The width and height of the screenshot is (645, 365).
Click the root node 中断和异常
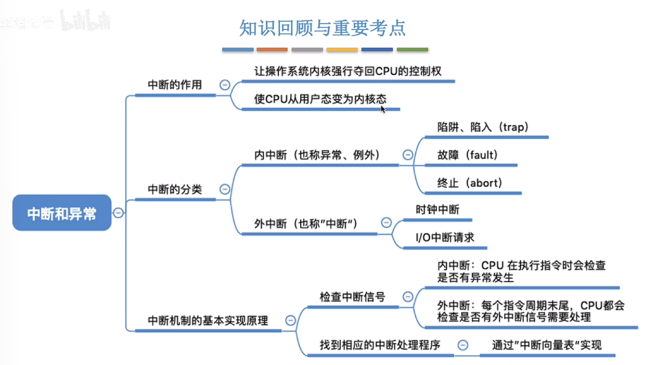(62, 213)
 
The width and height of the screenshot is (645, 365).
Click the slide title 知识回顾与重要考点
(322, 28)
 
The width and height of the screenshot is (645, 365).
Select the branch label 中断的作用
(174, 85)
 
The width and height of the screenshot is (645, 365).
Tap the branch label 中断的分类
(174, 189)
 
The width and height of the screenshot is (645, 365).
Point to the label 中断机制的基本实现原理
(208, 321)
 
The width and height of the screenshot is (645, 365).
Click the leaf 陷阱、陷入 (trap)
(483, 127)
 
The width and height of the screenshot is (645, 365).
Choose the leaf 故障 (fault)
(468, 155)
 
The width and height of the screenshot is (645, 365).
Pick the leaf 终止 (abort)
(470, 183)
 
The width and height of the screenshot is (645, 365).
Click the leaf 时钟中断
(437, 210)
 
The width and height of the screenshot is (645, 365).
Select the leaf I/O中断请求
(445, 237)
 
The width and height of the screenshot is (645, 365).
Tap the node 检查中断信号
(352, 296)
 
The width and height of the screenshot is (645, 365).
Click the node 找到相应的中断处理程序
(380, 345)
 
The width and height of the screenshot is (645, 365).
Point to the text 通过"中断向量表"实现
(547, 345)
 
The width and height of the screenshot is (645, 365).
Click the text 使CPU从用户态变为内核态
(320, 99)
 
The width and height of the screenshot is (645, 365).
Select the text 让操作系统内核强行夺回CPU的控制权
(348, 71)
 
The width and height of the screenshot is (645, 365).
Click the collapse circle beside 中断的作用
(225, 85)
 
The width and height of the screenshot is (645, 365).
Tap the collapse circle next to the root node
(118, 213)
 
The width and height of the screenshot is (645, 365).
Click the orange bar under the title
(272, 50)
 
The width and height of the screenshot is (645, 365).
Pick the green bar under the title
(412, 50)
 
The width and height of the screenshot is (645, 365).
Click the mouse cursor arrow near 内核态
(383, 109)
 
